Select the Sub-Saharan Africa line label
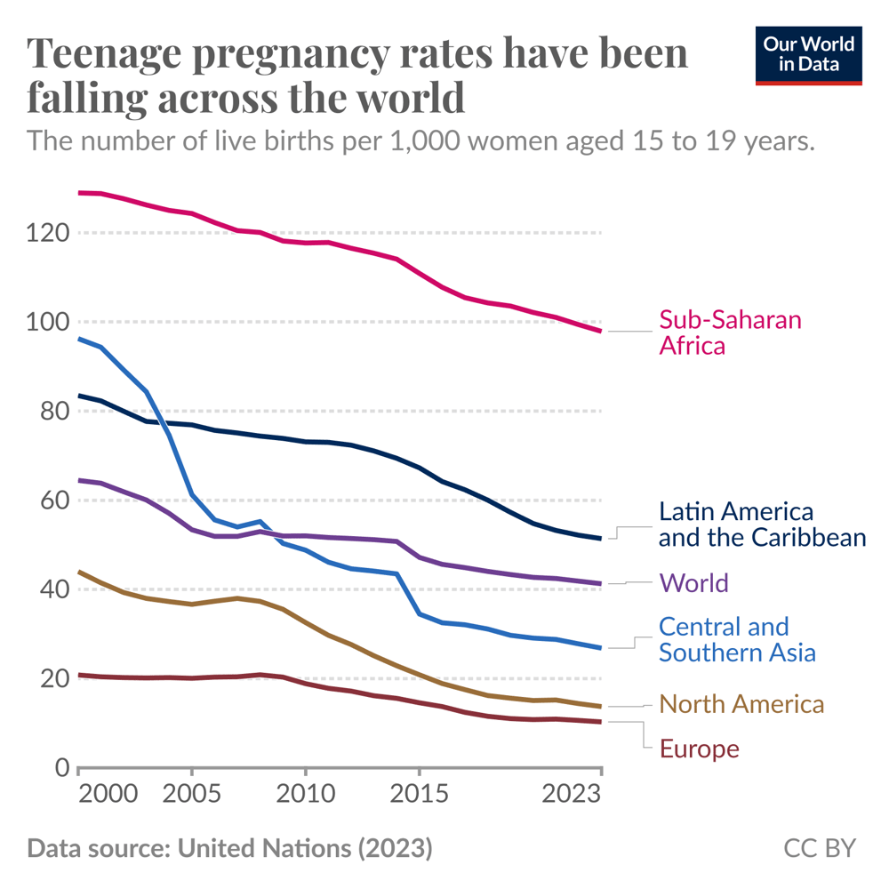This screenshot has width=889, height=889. pos(730,332)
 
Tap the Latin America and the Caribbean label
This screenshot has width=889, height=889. pos(762,525)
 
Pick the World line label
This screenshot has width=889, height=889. pos(693,583)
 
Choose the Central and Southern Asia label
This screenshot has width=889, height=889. pos(737,639)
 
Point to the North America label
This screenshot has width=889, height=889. pos(741,705)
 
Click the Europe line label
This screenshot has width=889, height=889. pos(699,749)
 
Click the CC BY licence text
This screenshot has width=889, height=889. pos(820,848)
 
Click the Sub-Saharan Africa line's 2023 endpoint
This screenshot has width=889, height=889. pos(601,331)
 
